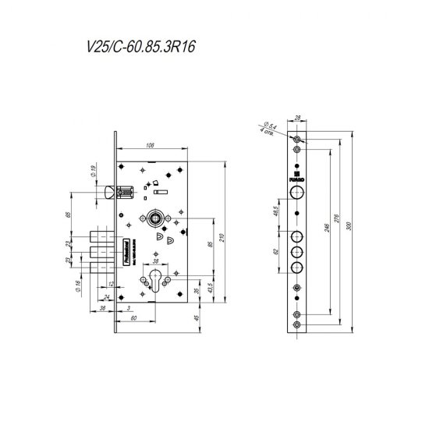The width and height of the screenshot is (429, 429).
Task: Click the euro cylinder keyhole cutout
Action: [x=161, y=282]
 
